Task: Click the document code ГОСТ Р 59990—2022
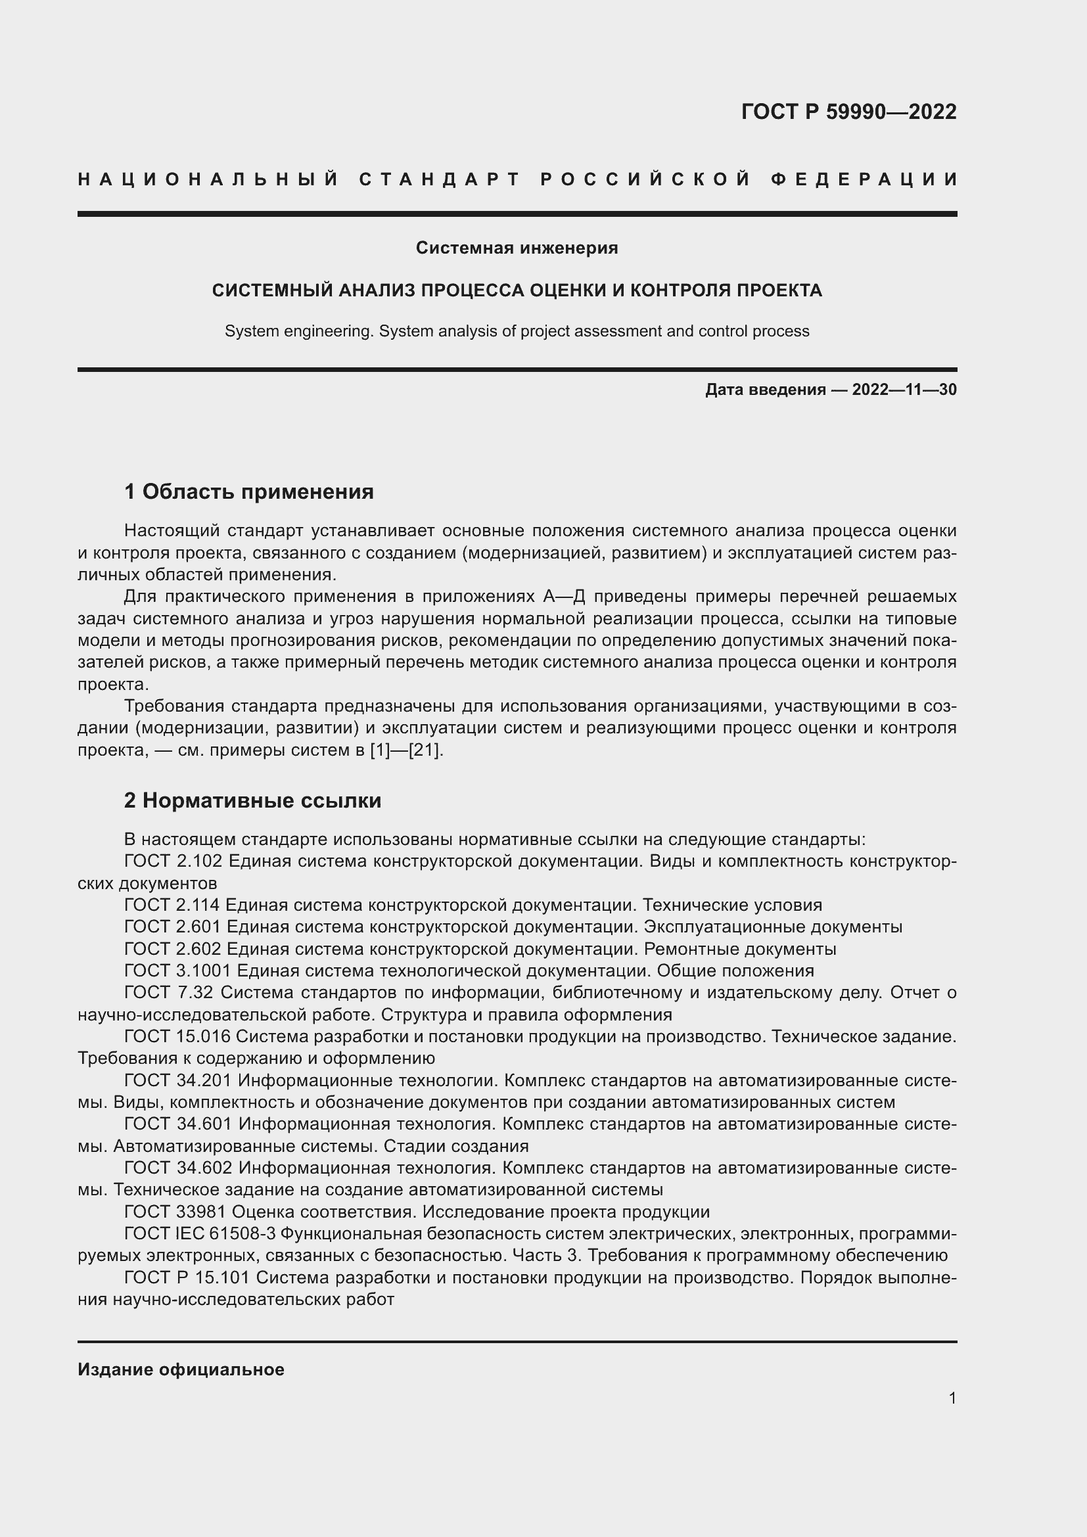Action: pyautogui.click(x=848, y=111)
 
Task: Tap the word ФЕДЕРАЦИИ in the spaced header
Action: pyautogui.click(x=864, y=179)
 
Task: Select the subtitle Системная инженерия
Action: pyautogui.click(x=517, y=248)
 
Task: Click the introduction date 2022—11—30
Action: pyautogui.click(x=904, y=390)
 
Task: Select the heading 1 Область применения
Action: pyautogui.click(x=248, y=492)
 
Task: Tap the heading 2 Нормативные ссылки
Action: pyautogui.click(x=252, y=800)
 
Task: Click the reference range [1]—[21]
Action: pyautogui.click(x=405, y=750)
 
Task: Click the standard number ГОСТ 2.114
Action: pyautogui.click(x=172, y=905)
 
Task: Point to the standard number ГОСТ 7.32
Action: pyautogui.click(x=168, y=993)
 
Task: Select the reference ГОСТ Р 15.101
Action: pyautogui.click(x=187, y=1278)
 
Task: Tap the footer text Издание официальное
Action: pyautogui.click(x=181, y=1369)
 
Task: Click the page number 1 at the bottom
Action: pyautogui.click(x=952, y=1398)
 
